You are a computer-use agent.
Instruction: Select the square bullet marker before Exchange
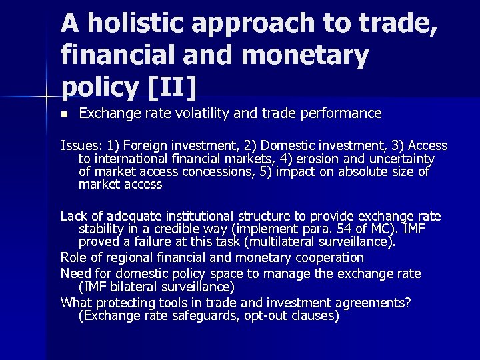(x=64, y=114)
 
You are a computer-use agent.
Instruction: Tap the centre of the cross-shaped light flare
(x=45, y=98)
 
